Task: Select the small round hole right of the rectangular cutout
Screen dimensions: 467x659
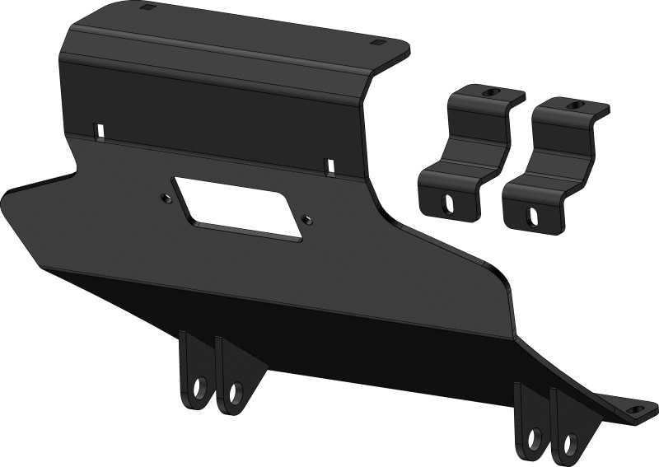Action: (306, 219)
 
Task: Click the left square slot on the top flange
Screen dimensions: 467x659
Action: (147, 7)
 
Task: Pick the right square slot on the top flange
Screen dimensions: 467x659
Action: (377, 41)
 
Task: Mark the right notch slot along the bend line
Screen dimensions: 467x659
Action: (329, 165)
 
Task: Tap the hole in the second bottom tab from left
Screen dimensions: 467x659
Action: (237, 388)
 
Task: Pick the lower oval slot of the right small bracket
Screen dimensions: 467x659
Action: (531, 215)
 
